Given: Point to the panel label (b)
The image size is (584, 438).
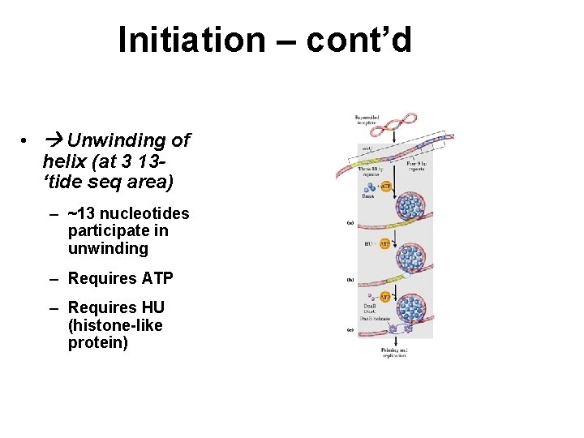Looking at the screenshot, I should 350,280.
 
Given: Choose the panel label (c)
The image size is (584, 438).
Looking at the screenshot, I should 350,329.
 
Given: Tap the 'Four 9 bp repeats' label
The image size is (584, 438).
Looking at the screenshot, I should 416,169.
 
